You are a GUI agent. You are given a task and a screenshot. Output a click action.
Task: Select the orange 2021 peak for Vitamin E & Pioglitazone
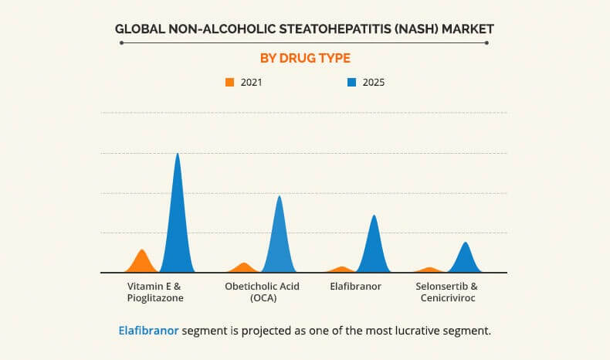coord(141,263)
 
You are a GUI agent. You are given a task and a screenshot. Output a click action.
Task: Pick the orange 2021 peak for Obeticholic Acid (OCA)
coord(244,268)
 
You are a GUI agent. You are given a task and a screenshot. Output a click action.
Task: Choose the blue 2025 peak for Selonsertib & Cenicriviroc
coord(465,260)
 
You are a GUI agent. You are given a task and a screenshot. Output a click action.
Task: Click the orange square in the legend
coord(229,82)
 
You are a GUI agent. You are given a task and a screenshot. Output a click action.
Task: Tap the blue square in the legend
coord(351,82)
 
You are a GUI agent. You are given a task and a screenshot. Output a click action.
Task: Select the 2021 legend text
coord(251,82)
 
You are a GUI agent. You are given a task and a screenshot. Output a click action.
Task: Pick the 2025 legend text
coord(373,82)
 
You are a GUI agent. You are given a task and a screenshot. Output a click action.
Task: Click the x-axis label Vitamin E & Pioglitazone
coord(155,291)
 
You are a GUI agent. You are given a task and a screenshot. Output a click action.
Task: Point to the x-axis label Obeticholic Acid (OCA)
coord(262,291)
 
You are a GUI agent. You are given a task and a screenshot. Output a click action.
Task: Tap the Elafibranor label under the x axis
coord(356,286)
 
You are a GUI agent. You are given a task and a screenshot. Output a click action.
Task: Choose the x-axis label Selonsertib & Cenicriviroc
coord(447,291)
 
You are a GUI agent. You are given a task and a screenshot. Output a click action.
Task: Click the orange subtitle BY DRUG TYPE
coord(304,58)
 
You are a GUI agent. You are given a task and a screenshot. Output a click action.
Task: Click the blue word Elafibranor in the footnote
coord(148,331)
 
